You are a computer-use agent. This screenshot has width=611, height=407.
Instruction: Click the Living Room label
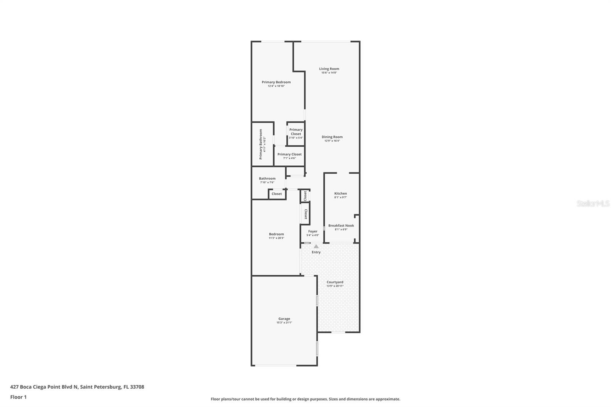[x=329, y=69]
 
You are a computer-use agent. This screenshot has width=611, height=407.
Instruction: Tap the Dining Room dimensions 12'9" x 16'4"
[x=332, y=141]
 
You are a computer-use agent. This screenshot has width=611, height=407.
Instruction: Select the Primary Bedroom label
[x=276, y=82]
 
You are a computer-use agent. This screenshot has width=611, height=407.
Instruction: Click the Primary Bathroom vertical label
[x=261, y=144]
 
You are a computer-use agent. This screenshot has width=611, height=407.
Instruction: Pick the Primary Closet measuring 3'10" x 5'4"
[x=296, y=133]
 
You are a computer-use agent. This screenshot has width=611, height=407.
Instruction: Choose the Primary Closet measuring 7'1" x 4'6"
[x=289, y=156]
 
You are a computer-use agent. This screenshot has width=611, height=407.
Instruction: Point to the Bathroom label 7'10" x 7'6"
[x=267, y=180]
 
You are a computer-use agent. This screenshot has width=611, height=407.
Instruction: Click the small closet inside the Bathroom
[x=276, y=194]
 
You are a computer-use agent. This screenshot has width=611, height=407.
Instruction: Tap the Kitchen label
[x=340, y=194]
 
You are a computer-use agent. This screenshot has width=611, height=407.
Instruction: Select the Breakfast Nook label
[x=341, y=226]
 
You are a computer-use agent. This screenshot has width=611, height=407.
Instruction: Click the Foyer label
[x=312, y=231]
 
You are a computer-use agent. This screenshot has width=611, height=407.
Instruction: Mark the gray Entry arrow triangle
[x=316, y=247]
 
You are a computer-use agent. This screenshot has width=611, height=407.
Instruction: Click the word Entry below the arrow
[x=316, y=252]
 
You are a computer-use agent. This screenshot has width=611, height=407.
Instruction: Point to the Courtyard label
[x=335, y=282]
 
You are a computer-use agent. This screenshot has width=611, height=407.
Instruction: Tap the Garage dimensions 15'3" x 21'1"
[x=284, y=323]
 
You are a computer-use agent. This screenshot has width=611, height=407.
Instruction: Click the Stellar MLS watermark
[x=593, y=204]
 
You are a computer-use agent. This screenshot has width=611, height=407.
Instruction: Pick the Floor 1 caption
[x=18, y=397]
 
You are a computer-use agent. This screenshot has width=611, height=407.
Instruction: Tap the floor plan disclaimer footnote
[x=305, y=399]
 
